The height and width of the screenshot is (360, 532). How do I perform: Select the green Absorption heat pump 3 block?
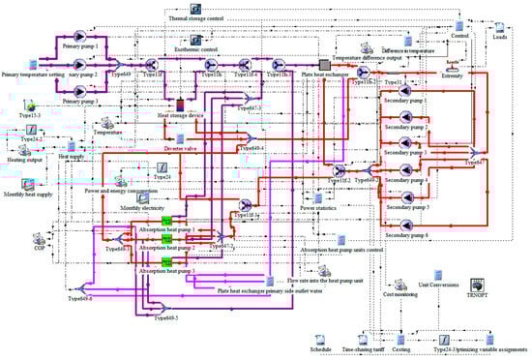click(165, 262)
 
